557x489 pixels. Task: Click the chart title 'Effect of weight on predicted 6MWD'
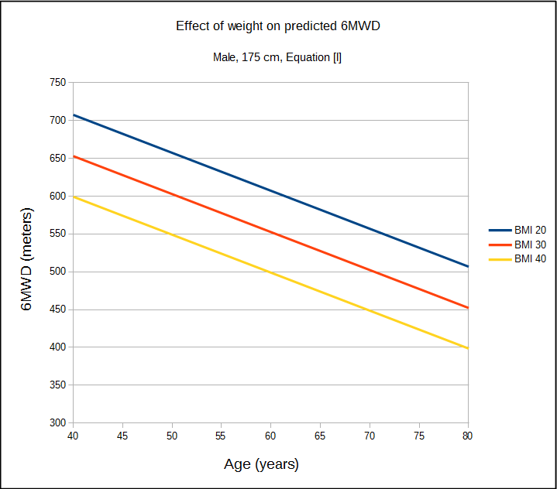click(278, 26)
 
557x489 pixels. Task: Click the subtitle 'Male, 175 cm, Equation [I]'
click(277, 57)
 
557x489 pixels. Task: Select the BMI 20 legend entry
click(517, 230)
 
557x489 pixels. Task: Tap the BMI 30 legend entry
click(517, 244)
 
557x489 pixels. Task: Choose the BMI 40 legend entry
click(517, 259)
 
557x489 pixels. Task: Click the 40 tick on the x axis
click(73, 436)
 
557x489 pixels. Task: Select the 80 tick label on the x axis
click(468, 436)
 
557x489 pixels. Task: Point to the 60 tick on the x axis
click(270, 436)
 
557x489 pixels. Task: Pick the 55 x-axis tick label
click(221, 436)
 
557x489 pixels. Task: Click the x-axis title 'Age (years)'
click(261, 464)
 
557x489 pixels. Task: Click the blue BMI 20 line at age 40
click(74, 115)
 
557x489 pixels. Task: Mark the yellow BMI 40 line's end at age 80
click(467, 348)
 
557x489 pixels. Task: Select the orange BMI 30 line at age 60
click(270, 232)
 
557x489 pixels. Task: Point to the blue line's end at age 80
click(467, 266)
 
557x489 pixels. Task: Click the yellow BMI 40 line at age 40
click(74, 197)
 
